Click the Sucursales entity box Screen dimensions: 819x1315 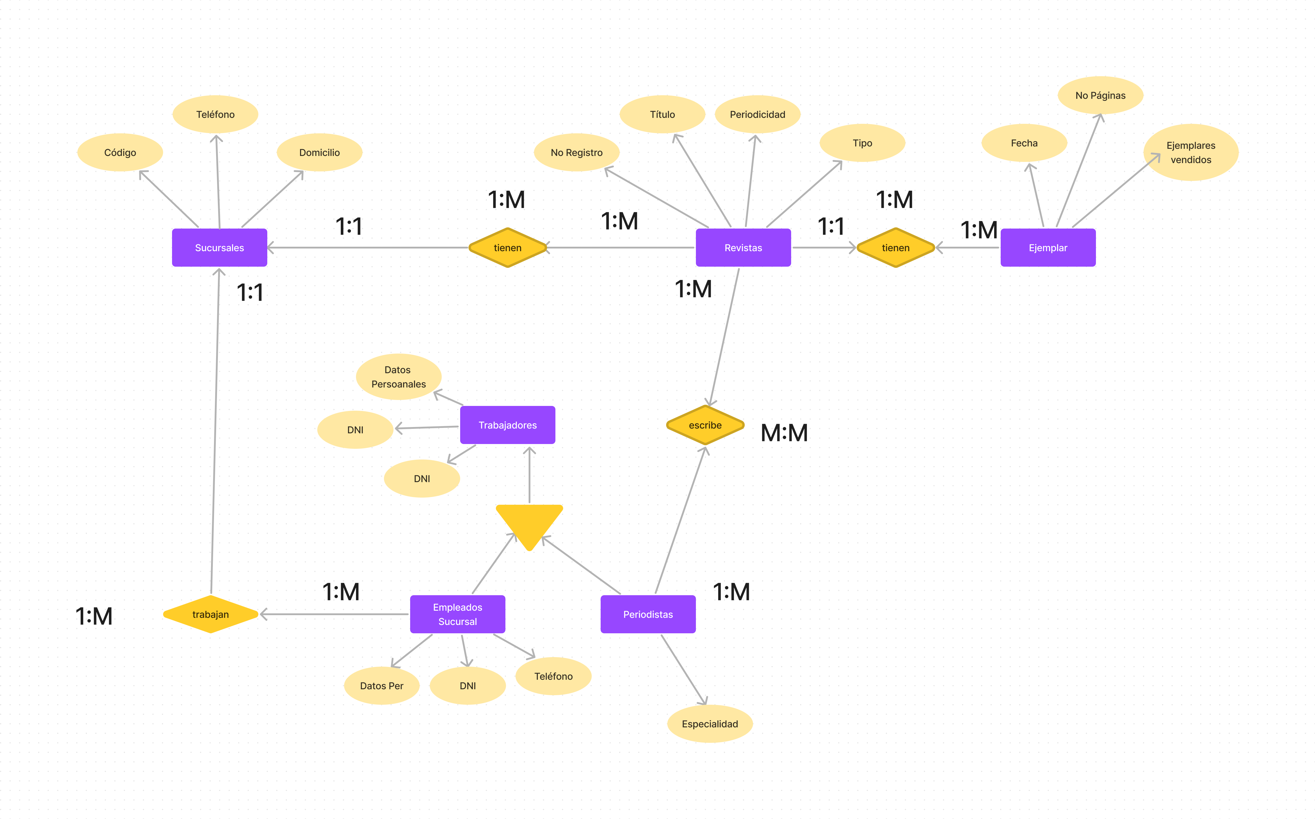pyautogui.click(x=219, y=248)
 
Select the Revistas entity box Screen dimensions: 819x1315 pyautogui.click(x=743, y=248)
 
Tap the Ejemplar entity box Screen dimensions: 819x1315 pyautogui.click(x=1047, y=248)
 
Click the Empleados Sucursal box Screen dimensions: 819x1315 pyautogui.click(x=457, y=614)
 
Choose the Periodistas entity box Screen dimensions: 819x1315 pyautogui.click(x=648, y=614)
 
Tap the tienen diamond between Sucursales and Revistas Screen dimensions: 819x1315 pyautogui.click(x=507, y=248)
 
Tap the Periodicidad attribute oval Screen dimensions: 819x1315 pyautogui.click(x=757, y=114)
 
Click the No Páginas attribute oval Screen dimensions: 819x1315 pyautogui.click(x=1100, y=95)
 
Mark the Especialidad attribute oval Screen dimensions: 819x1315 pyautogui.click(x=710, y=724)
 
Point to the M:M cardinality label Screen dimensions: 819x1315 pyautogui.click(x=784, y=433)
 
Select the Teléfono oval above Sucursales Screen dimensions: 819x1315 pyautogui.click(x=215, y=114)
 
